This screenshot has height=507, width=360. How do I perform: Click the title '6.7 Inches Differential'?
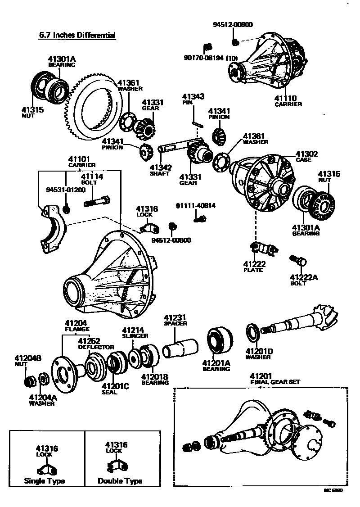click(x=77, y=35)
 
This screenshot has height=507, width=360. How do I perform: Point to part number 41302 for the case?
click(x=306, y=154)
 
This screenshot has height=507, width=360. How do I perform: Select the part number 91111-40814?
click(x=195, y=206)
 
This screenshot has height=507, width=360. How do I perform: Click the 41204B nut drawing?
click(x=31, y=381)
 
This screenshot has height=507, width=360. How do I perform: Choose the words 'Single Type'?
click(x=45, y=481)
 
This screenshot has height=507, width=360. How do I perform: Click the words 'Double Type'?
click(x=120, y=481)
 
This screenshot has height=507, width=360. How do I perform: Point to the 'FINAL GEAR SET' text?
click(x=275, y=382)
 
